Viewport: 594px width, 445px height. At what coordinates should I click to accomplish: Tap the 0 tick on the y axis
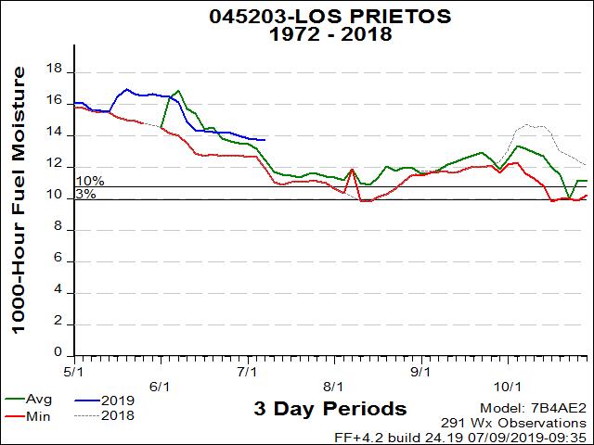click(58, 353)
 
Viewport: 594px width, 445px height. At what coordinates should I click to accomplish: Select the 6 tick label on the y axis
click(58, 260)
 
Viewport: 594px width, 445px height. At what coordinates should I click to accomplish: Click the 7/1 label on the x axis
click(248, 372)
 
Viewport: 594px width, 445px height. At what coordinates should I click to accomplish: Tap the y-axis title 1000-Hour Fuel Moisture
click(18, 206)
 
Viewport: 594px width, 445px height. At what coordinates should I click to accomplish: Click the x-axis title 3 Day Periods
click(329, 409)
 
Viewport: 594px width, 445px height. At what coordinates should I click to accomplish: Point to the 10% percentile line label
click(90, 181)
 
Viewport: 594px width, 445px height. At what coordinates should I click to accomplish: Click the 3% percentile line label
click(85, 194)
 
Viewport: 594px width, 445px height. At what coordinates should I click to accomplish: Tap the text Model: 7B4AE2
click(534, 408)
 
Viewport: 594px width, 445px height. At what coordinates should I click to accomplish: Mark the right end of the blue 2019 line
click(265, 140)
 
